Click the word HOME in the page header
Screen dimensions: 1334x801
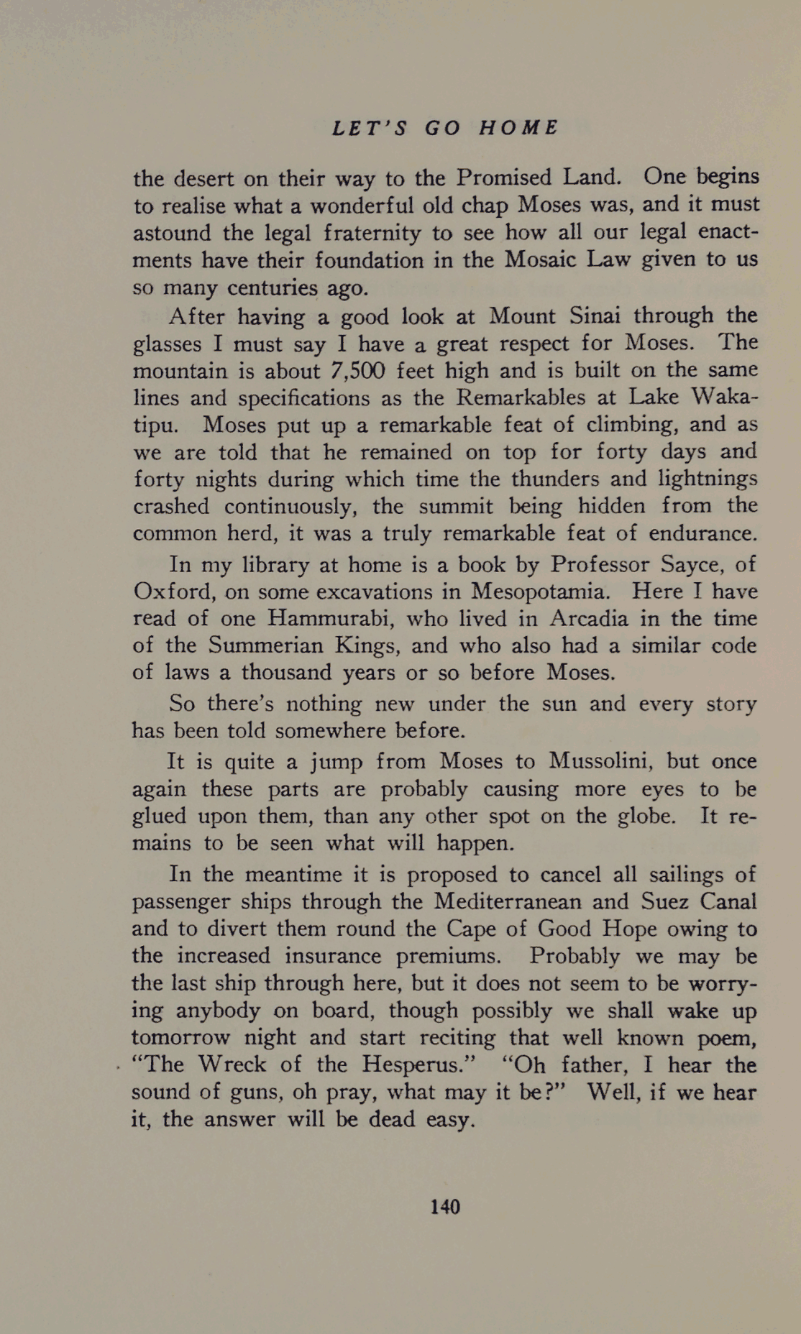[x=518, y=128]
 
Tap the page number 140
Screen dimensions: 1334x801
[x=445, y=1207]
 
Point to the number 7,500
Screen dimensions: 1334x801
[x=357, y=371]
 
